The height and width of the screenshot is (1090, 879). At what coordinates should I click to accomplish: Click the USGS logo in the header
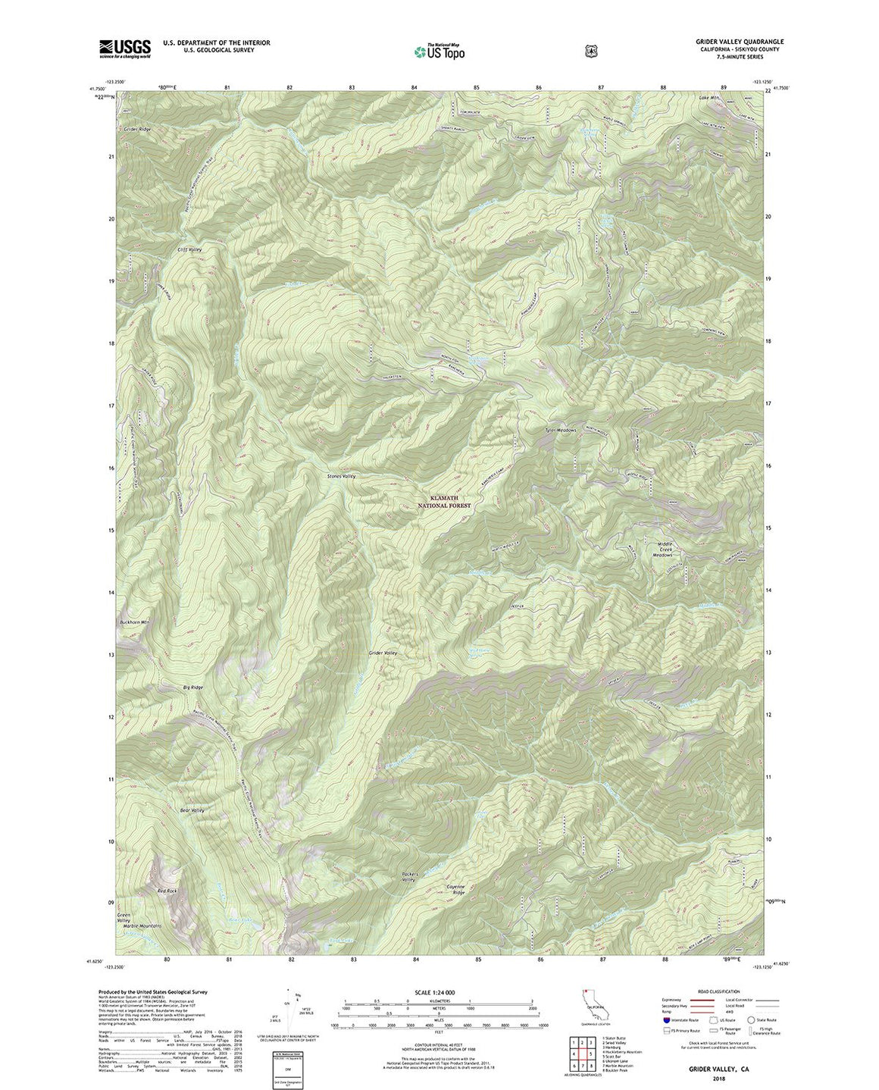point(125,49)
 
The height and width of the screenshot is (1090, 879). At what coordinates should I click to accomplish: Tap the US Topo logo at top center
point(439,51)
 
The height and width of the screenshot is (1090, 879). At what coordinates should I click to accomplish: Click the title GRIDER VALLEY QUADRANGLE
point(729,42)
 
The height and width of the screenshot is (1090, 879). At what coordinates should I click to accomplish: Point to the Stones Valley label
point(341,475)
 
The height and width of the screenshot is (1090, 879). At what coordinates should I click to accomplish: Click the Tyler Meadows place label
point(561,430)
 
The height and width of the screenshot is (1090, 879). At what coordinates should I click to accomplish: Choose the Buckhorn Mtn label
point(135,622)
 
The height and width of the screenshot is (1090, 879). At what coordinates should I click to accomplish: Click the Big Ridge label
point(192,687)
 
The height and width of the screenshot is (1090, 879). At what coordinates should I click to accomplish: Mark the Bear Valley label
point(192,810)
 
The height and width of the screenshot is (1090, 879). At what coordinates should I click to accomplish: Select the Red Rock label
point(167,891)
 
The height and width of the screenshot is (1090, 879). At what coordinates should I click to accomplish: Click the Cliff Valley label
point(189,249)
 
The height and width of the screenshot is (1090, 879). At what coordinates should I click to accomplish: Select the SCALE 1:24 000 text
point(434,992)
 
